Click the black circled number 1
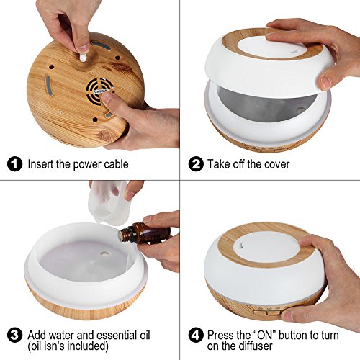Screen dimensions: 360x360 (x=14, y=164)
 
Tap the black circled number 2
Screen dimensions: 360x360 (x=196, y=164)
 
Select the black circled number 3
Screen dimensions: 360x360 (x=14, y=335)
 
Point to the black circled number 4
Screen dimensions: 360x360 (x=196, y=335)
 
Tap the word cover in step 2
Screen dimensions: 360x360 (x=276, y=165)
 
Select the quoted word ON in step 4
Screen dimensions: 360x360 (x=265, y=335)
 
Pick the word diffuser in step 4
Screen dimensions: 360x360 (x=256, y=346)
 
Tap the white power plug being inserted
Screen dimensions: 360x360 (x=83, y=57)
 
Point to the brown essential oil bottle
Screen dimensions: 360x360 (x=145, y=233)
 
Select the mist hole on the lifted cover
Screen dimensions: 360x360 (x=292, y=51)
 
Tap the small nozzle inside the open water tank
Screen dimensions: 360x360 (x=104, y=253)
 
